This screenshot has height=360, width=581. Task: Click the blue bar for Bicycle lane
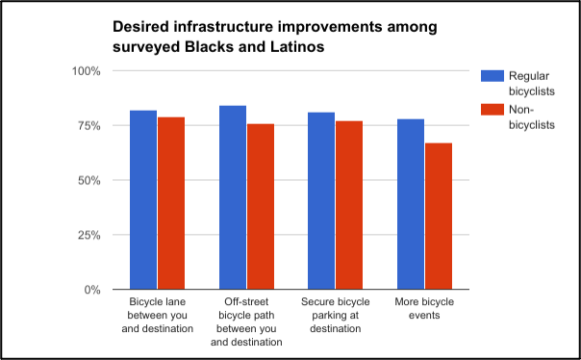point(143,199)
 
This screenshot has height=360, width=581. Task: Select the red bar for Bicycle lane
point(171,203)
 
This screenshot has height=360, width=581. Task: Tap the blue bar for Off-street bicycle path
point(233,197)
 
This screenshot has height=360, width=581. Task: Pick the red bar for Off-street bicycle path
point(261,207)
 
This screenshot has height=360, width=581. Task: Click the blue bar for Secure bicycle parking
point(321,200)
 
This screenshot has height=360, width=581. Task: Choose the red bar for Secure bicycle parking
point(349,205)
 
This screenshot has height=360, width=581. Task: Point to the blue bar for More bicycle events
point(411,204)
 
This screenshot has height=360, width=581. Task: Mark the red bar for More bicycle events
point(439,217)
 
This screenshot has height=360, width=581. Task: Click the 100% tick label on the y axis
point(86,71)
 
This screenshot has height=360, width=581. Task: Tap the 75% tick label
point(88,126)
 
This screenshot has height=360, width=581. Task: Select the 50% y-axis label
point(88,181)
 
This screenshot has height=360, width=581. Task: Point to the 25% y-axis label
point(88,235)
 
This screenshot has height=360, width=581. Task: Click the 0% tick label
point(92,290)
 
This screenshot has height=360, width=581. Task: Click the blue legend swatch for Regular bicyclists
point(493,76)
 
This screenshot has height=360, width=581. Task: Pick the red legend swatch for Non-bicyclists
point(493,110)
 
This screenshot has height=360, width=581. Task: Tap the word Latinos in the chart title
point(297,47)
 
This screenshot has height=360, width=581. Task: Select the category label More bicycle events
point(424,308)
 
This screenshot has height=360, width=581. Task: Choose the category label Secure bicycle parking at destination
point(336,315)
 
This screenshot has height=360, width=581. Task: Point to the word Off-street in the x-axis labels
point(246,302)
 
